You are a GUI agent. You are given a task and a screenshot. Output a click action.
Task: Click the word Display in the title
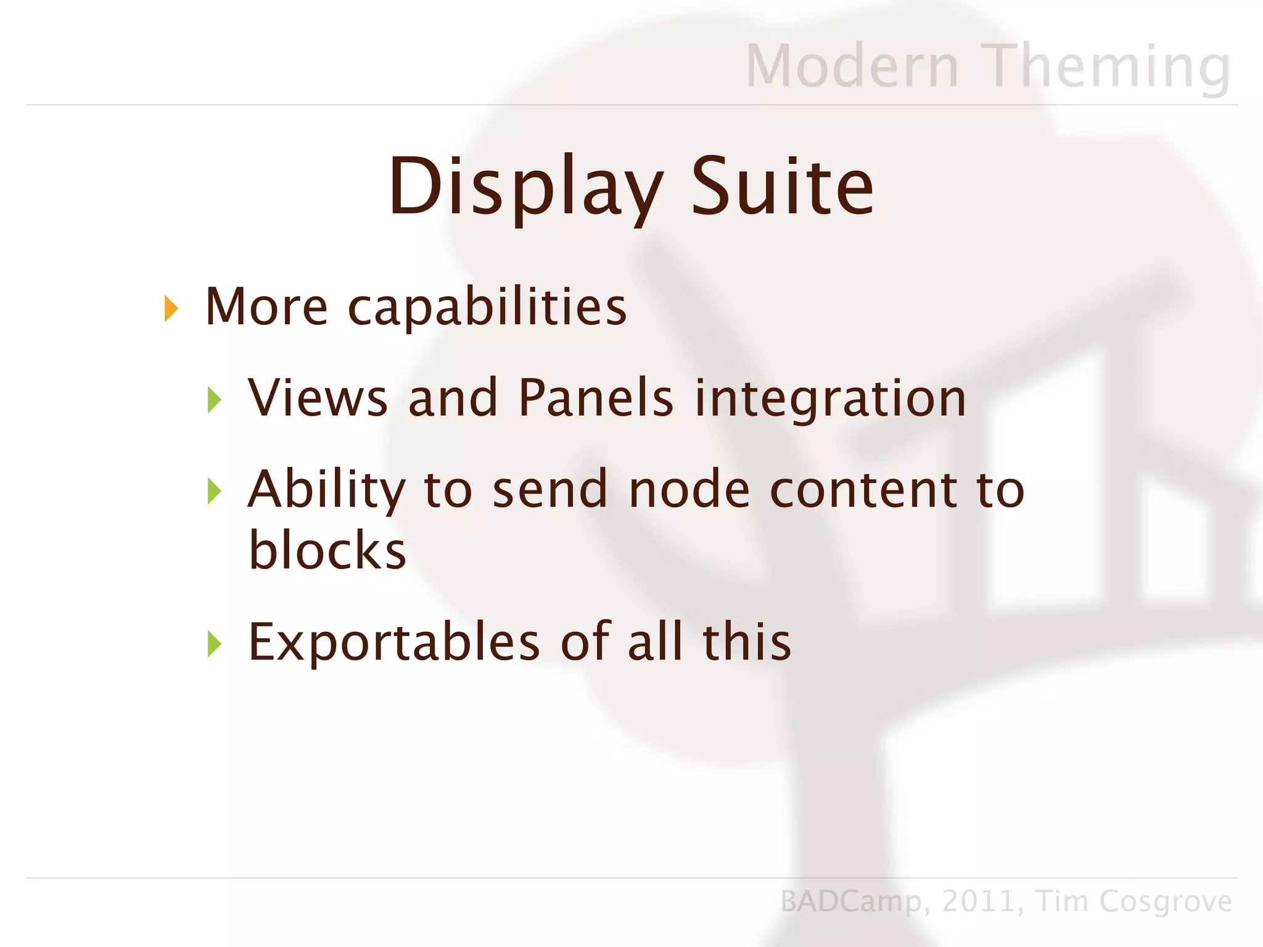[x=524, y=187]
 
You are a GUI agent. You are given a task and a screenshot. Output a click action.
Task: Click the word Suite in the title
[x=782, y=187]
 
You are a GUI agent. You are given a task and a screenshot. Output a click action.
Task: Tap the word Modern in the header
[x=852, y=67]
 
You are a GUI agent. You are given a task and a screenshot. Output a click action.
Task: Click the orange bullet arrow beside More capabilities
[x=171, y=308]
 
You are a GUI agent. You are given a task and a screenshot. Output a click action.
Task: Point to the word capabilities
[x=487, y=308]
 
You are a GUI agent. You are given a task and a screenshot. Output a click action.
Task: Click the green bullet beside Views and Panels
[x=215, y=400]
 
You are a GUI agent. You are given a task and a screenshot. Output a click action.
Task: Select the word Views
[x=318, y=398]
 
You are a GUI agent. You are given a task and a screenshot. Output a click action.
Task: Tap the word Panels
[x=596, y=398]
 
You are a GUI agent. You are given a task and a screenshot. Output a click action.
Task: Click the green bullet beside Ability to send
[x=215, y=491]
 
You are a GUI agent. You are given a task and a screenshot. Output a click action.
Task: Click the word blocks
[x=327, y=550]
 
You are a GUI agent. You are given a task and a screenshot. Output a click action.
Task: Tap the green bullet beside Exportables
[x=215, y=644]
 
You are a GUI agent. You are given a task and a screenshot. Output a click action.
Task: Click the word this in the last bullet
[x=747, y=642]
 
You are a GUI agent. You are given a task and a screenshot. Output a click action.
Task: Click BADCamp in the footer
[x=852, y=901]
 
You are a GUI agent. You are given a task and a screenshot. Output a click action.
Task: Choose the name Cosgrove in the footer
[x=1165, y=901]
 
